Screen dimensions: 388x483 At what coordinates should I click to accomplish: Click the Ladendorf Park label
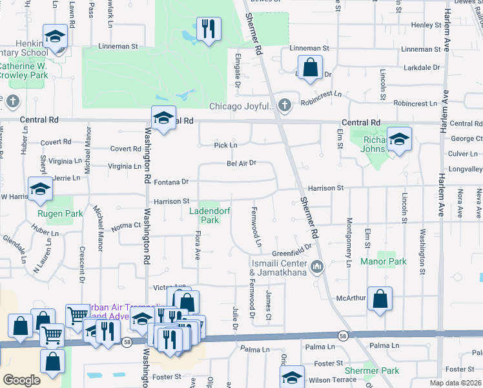tap(205, 215)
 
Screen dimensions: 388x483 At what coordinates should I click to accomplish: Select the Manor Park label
tap(393, 261)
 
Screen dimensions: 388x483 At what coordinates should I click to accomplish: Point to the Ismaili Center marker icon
tap(316, 266)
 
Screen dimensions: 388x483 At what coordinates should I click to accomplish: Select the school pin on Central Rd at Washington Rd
tap(163, 118)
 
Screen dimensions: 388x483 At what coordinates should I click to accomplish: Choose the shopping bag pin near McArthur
tap(380, 299)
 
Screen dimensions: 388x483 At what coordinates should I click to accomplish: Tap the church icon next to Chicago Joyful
tap(283, 105)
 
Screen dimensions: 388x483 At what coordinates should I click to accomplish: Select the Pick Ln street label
tap(225, 145)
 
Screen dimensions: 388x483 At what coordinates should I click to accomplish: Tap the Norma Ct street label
tap(125, 226)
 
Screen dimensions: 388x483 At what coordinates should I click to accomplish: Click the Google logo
tap(21, 380)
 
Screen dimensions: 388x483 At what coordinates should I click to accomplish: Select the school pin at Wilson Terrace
tap(292, 378)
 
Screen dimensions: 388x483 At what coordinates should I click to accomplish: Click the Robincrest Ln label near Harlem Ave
tap(415, 103)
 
